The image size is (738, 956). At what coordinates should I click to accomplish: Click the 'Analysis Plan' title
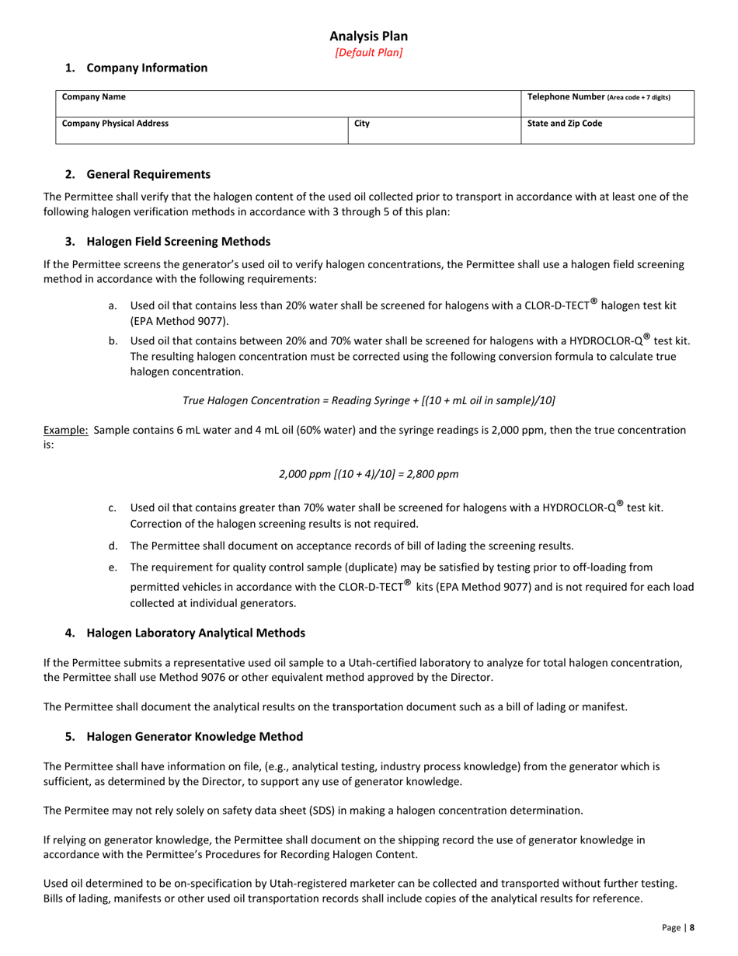368,37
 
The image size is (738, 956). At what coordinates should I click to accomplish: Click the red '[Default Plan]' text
368,53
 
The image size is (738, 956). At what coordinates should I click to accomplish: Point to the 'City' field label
362,123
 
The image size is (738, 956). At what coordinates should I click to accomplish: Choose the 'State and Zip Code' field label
565,123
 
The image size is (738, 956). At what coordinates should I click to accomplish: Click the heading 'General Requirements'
148,174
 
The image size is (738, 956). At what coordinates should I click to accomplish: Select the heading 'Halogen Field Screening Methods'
178,241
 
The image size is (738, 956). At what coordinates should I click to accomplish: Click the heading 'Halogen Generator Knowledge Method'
194,736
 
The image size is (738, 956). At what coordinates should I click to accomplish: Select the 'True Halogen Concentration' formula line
368,400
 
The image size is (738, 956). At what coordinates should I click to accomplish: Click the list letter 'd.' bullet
113,546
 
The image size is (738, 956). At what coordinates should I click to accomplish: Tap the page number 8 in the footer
691,926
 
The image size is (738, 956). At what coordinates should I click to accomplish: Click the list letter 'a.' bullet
113,305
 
